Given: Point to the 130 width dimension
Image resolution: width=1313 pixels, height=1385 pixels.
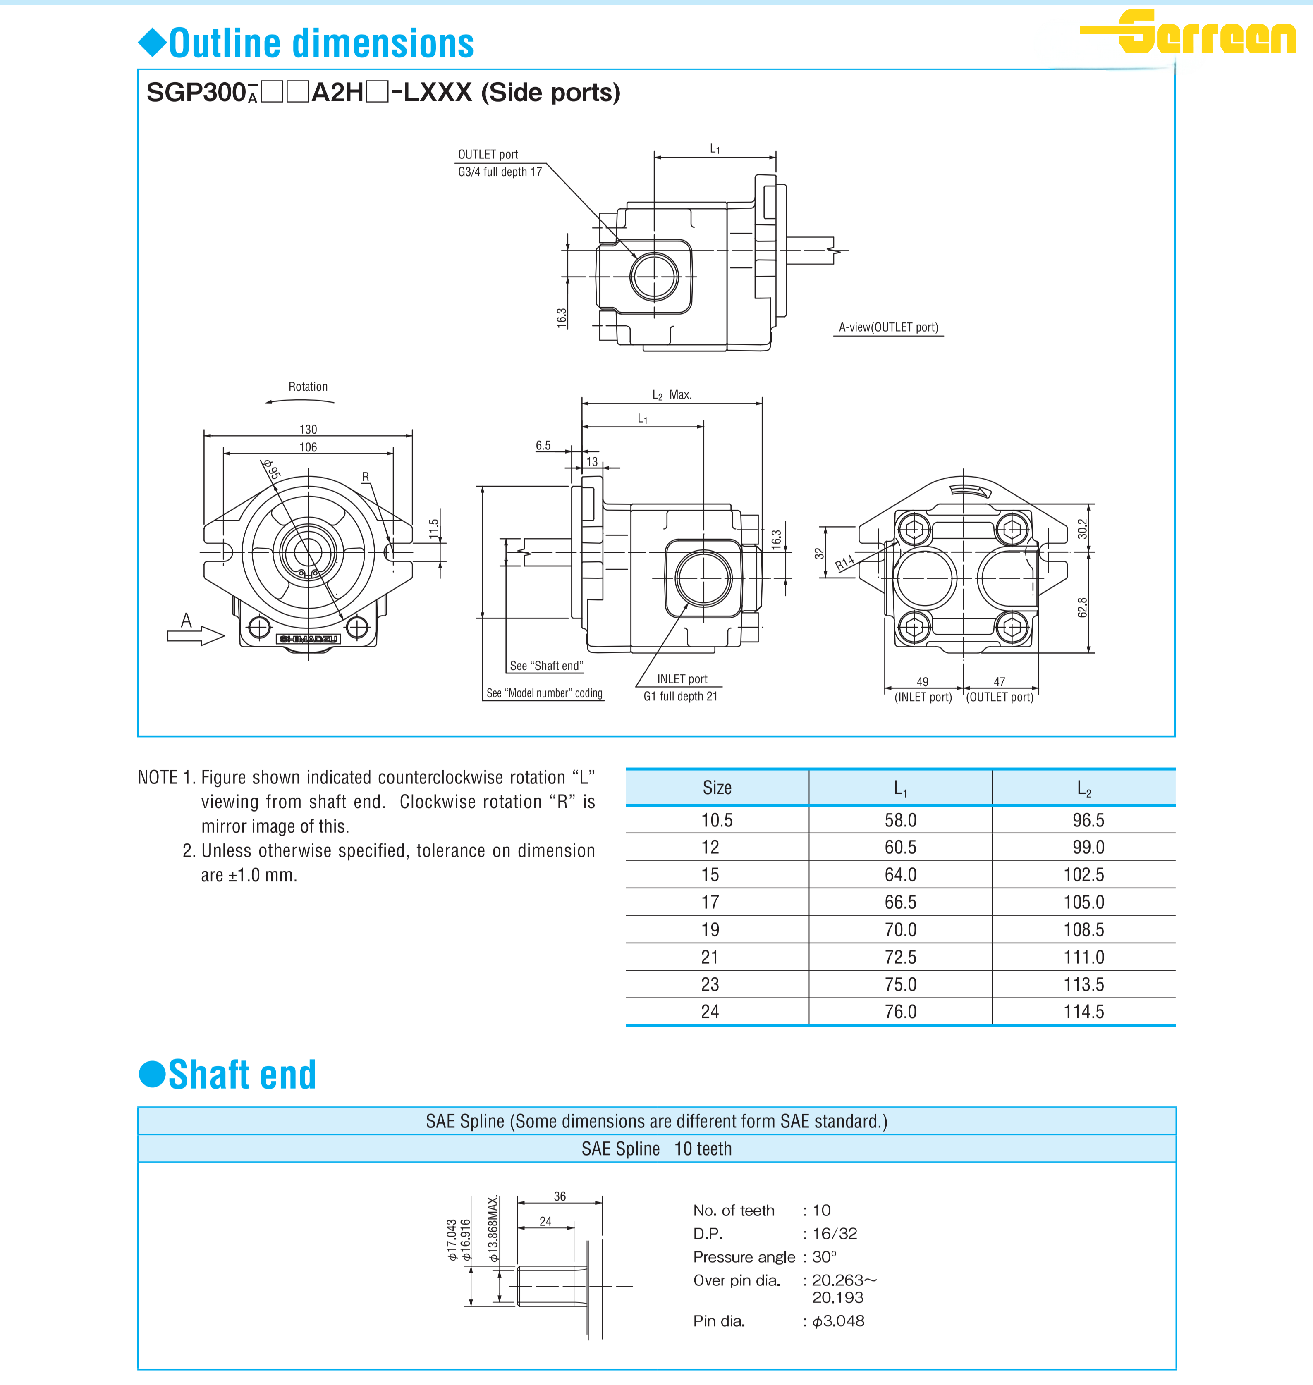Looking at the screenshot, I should pyautogui.click(x=308, y=429).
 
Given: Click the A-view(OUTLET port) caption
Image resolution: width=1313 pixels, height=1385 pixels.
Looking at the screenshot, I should pyautogui.click(x=888, y=327).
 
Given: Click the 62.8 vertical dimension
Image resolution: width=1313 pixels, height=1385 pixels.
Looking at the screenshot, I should pyautogui.click(x=1082, y=607).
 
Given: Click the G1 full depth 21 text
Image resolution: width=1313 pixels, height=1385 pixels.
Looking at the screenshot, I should pyautogui.click(x=680, y=696).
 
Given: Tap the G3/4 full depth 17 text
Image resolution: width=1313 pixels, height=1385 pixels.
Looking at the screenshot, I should pyautogui.click(x=500, y=172).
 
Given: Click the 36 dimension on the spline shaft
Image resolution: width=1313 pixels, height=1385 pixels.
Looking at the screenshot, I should pyautogui.click(x=560, y=1196).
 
